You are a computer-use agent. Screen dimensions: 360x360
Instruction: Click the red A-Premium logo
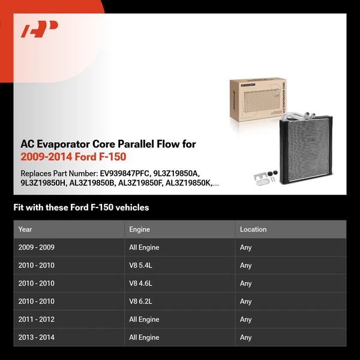click(39, 29)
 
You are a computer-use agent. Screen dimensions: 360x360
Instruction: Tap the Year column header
click(25, 229)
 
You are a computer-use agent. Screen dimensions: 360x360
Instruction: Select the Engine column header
click(139, 229)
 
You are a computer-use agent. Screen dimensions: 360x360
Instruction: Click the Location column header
click(253, 229)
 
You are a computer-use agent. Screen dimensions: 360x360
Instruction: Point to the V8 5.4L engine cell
click(141, 265)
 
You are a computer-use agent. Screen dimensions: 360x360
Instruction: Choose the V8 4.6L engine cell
click(141, 283)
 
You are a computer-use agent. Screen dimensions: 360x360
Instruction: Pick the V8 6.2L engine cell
click(141, 301)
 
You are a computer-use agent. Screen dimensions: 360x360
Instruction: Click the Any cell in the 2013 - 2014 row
click(245, 337)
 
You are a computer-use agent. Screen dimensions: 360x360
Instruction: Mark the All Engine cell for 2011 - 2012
click(144, 319)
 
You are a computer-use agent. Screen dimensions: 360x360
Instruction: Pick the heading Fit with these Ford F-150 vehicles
click(81, 208)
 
